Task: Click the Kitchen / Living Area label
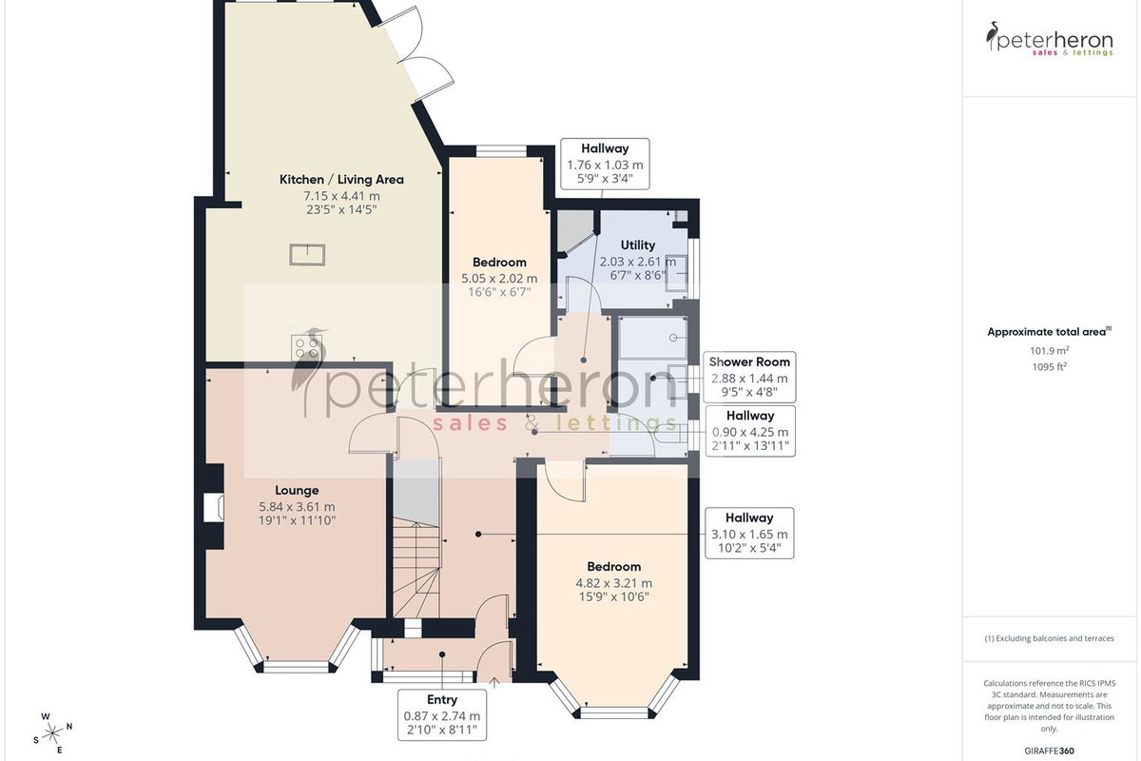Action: (x=341, y=180)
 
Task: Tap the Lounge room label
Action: (x=297, y=490)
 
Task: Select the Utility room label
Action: (x=638, y=245)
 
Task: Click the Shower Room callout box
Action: (x=749, y=378)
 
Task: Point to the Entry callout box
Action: (x=442, y=714)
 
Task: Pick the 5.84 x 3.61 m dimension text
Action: (x=297, y=507)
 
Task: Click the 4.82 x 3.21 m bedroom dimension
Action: (x=614, y=583)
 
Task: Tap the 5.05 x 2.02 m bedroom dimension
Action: (x=499, y=279)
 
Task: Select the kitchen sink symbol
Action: (x=307, y=254)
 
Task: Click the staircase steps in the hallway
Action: (x=416, y=570)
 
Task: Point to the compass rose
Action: (x=52, y=733)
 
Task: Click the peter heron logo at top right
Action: (x=1050, y=39)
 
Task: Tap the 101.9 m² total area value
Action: (x=1050, y=350)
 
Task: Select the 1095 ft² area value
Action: (x=1050, y=366)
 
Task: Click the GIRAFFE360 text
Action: (x=1050, y=751)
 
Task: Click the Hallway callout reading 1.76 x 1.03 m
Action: (x=605, y=164)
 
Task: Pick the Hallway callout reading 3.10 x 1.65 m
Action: (x=749, y=533)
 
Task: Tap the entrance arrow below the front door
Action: (x=494, y=682)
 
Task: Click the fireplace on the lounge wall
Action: (x=213, y=507)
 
